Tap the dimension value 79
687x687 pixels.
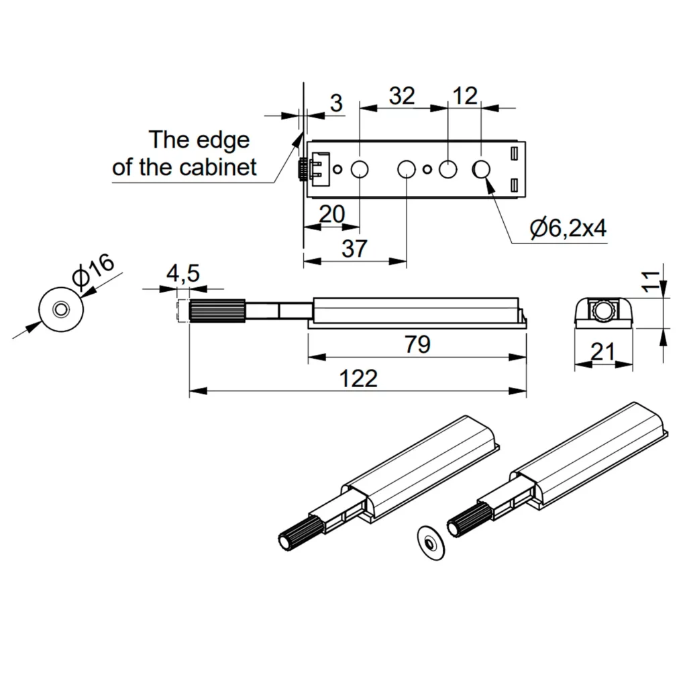coord(417,345)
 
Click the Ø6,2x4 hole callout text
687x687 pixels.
coord(568,229)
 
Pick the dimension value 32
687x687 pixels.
coord(402,96)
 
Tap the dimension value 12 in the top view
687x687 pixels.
coord(464,96)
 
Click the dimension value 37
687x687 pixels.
coord(354,249)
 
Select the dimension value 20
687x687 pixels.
coord(331,215)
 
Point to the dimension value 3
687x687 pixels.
coord(336,103)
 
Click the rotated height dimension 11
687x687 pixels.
coord(649,281)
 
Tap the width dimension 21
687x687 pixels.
coord(603,351)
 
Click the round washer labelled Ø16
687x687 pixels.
coord(61,310)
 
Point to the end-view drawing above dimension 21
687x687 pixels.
coord(603,312)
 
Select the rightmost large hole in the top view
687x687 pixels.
coord(482,170)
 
